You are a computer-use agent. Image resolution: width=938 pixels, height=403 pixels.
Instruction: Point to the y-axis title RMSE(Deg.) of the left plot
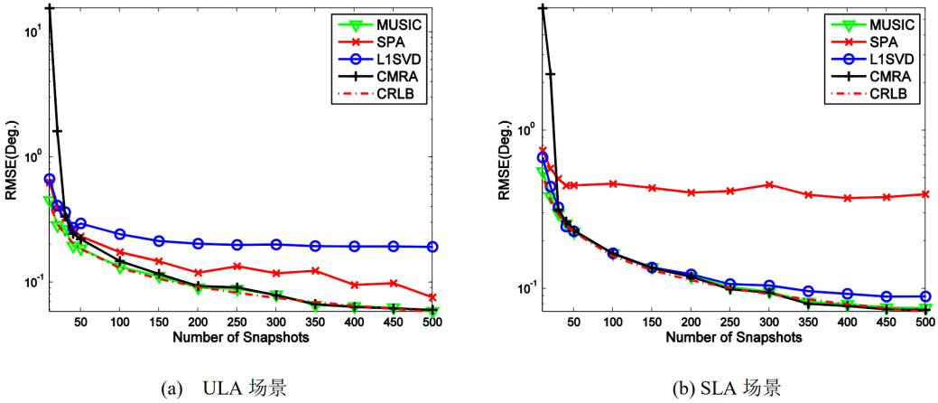11,163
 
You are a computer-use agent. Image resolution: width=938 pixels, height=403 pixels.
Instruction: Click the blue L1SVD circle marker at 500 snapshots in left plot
433,247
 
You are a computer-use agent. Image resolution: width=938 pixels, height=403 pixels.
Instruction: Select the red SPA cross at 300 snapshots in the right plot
769,184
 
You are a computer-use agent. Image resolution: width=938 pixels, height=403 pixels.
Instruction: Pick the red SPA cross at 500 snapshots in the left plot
433,297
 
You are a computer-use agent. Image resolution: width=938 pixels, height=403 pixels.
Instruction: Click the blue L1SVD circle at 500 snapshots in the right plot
924,296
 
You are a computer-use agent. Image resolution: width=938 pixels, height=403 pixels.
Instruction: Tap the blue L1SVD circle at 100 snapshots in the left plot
119,234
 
